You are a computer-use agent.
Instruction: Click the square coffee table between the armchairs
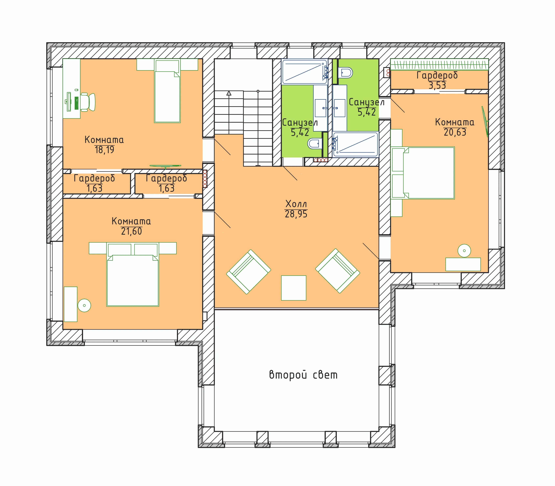click(x=294, y=288)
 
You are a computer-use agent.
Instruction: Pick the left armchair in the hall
click(x=249, y=272)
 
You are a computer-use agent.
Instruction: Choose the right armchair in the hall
click(x=338, y=271)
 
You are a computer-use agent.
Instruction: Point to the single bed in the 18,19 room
click(x=167, y=91)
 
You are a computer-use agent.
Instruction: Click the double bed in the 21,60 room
click(x=133, y=274)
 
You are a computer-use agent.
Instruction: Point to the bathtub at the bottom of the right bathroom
click(x=356, y=145)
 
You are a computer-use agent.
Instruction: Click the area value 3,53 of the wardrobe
click(x=437, y=85)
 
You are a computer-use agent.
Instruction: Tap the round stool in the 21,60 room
click(x=84, y=305)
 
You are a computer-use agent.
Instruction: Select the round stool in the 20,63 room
click(x=464, y=251)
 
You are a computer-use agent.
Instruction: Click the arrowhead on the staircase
click(x=229, y=93)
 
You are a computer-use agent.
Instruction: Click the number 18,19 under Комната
click(x=104, y=150)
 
